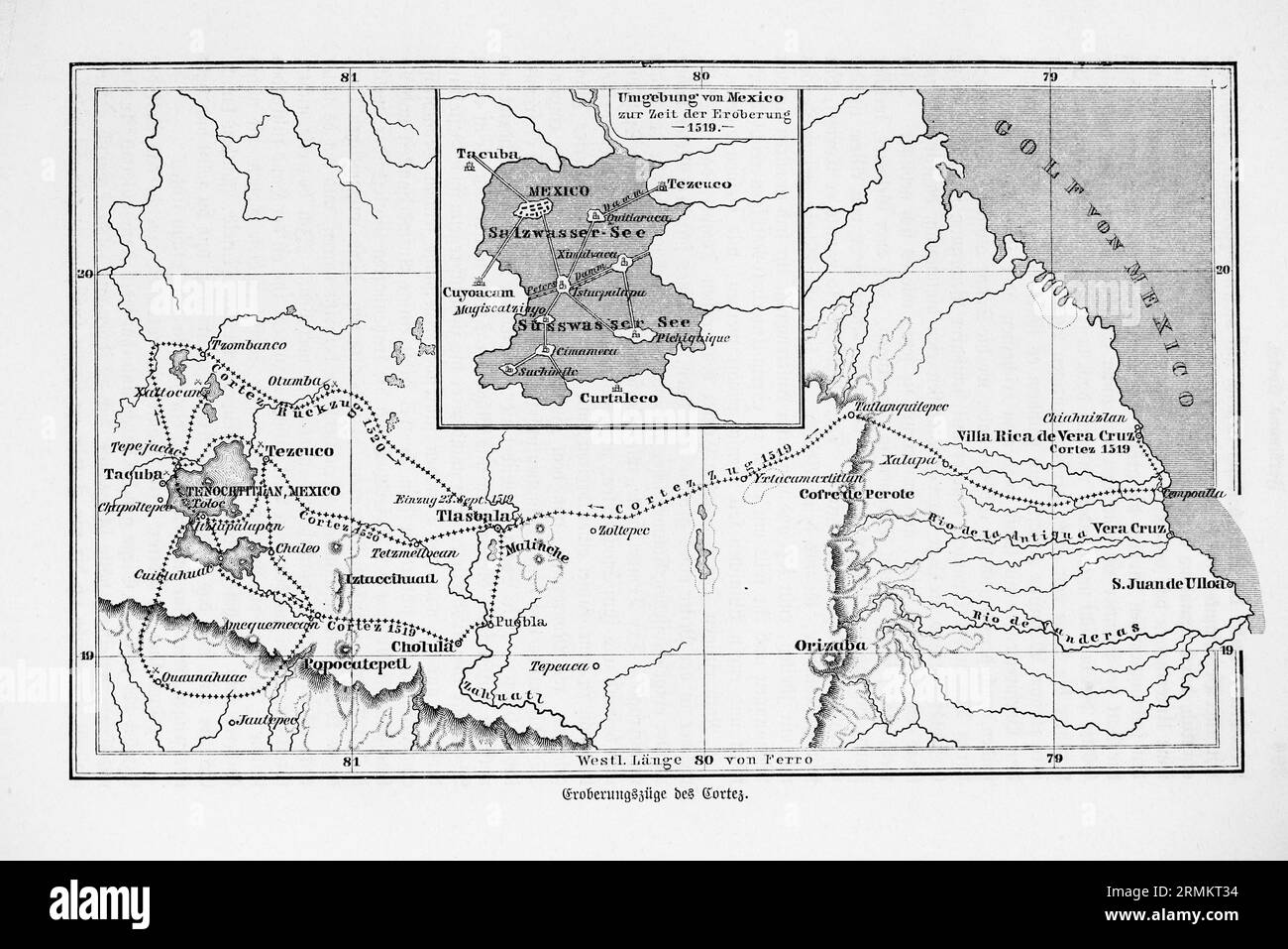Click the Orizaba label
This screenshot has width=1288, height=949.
(830, 647)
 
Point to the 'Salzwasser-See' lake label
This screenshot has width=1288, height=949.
(566, 231)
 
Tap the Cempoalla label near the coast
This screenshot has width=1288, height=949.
(1197, 493)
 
